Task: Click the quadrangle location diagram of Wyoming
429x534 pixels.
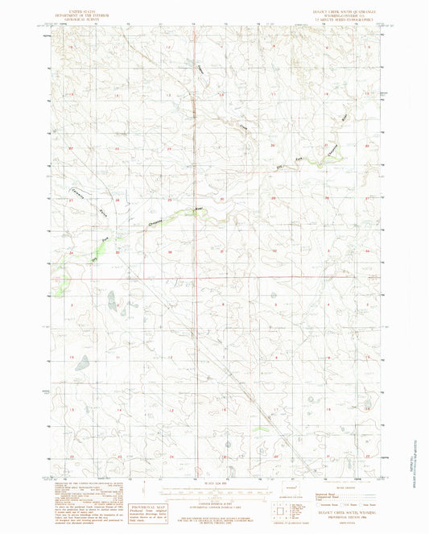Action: pos(281,512)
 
